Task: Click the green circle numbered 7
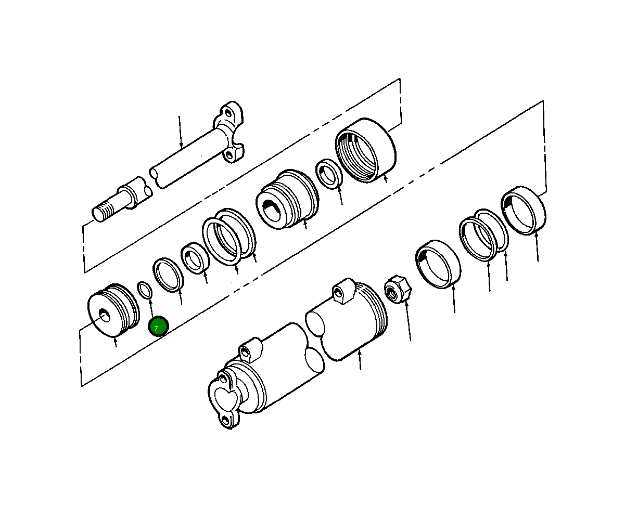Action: tap(158, 327)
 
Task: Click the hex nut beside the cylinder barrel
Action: tap(398, 291)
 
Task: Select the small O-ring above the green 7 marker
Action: tap(145, 289)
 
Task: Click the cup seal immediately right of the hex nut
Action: tap(438, 264)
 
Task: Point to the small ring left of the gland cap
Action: tap(328, 174)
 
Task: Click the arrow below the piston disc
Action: tap(116, 342)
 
